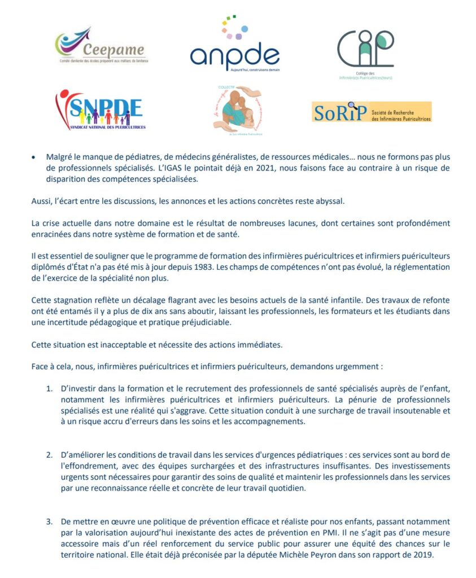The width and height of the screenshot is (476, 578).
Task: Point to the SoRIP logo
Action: [371, 112]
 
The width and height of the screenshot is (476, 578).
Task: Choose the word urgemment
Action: [360, 366]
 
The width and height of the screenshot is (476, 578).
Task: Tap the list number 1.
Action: [49, 389]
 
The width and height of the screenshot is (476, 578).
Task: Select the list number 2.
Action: [49, 455]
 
